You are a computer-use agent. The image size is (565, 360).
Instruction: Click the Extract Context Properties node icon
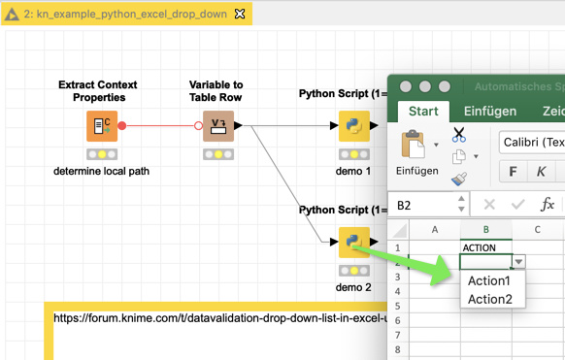coord(102,126)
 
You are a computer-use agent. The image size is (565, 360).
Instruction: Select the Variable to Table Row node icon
coord(218,126)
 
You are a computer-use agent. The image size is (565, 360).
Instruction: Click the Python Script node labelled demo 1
coord(353,126)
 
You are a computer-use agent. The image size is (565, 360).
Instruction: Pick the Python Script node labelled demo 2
coord(353,241)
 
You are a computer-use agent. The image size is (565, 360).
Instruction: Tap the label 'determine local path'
coord(102,171)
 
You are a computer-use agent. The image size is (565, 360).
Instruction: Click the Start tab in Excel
coord(423,112)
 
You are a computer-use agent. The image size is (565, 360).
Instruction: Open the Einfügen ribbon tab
coord(490,112)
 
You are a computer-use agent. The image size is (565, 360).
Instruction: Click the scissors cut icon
coord(459,135)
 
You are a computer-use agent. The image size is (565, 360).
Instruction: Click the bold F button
coord(514,172)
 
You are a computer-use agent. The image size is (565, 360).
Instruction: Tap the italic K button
coord(541,172)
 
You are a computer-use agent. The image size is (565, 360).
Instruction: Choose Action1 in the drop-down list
coord(489,280)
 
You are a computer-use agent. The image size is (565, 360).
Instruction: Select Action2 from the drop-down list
coord(489,299)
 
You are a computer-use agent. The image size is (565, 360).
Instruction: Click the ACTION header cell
coord(485,247)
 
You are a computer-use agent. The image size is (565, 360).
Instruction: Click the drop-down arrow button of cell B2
coord(519,262)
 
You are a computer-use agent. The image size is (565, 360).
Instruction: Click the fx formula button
coord(548,205)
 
